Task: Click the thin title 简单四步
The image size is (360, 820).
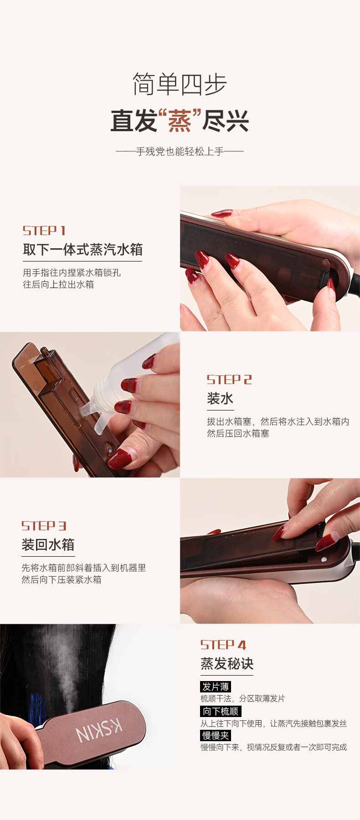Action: pos(180,84)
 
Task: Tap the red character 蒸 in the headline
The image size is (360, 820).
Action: pos(180,121)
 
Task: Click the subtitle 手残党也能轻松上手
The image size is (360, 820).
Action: pos(180,151)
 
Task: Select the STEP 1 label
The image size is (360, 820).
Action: pos(44,231)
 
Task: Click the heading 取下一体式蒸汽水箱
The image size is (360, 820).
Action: pos(82,249)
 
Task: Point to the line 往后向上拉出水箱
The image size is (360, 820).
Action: pos(58,284)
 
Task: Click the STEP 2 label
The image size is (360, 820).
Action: pos(229,379)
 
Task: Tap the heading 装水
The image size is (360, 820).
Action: pos(220,399)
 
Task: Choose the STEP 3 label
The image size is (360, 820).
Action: pos(44,526)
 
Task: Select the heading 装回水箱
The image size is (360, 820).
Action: pos(48,544)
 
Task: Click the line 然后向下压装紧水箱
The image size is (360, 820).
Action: pos(62,579)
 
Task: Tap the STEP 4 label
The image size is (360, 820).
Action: pos(223,645)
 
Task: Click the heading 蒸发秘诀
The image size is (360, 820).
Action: pos(227,664)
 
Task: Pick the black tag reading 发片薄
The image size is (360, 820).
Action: pos(216,687)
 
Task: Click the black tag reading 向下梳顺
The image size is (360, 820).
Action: pos(221,711)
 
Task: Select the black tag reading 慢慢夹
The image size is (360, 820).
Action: pos(216,735)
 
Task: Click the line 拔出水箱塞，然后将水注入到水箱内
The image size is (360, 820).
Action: pos(278,421)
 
